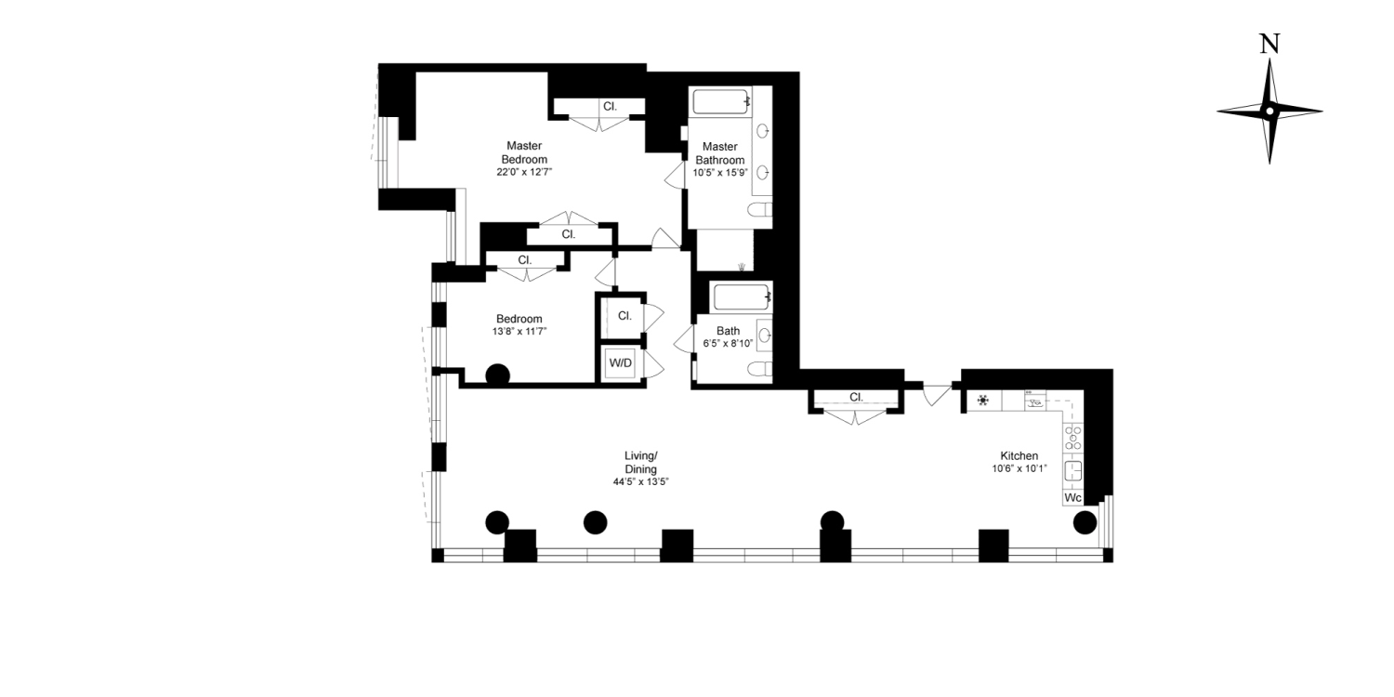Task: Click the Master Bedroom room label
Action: [x=524, y=152]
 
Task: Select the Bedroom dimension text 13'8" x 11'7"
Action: [x=519, y=331]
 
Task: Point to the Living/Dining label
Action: [x=640, y=462]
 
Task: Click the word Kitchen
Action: [x=1019, y=455]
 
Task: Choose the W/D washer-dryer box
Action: [x=620, y=362]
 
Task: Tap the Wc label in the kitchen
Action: [x=1072, y=497]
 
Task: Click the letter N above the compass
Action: [x=1269, y=44]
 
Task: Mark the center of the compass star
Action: [x=1269, y=111]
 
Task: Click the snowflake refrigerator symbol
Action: [x=982, y=402]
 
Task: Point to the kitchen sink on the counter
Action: [x=1072, y=469]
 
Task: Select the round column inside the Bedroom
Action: [x=498, y=375]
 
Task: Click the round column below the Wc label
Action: [x=1085, y=523]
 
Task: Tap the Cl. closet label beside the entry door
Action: [x=856, y=398]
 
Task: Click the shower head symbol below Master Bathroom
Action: [x=741, y=267]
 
